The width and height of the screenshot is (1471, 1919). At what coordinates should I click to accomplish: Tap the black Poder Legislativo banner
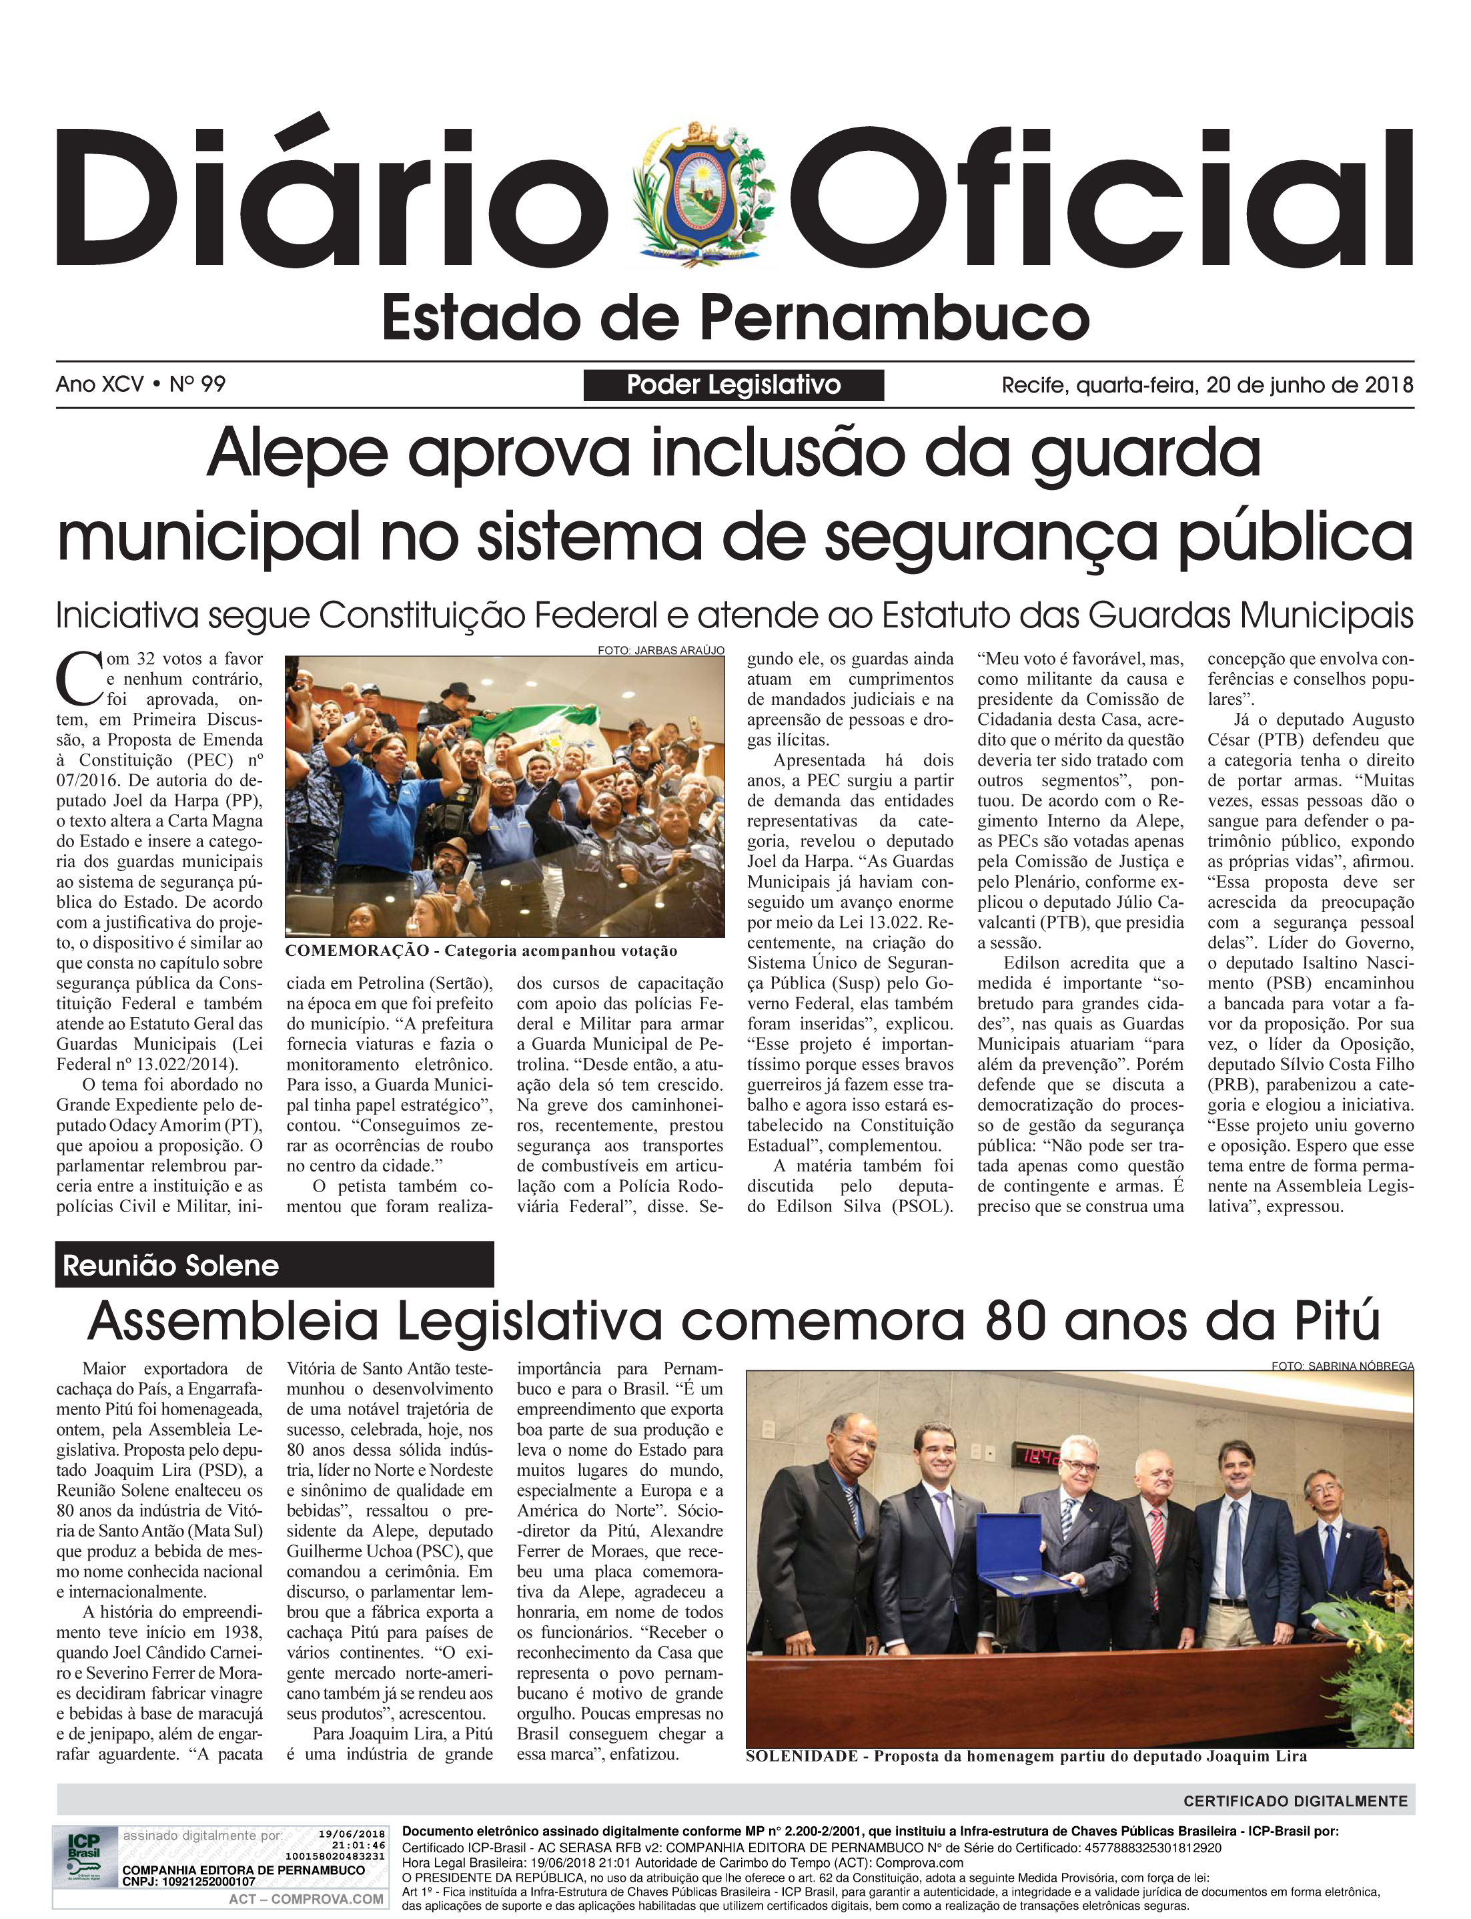pyautogui.click(x=734, y=384)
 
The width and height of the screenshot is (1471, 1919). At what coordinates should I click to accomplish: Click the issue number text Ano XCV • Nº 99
pyautogui.click(x=141, y=384)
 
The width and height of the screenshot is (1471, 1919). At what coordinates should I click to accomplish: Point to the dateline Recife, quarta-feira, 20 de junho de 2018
pyautogui.click(x=1207, y=384)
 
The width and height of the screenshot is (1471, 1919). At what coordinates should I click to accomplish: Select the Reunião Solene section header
pyautogui.click(x=171, y=1266)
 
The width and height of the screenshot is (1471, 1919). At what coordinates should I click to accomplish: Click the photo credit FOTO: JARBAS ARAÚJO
pyautogui.click(x=660, y=651)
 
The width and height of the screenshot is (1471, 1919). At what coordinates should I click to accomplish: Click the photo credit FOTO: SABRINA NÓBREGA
pyautogui.click(x=1342, y=1366)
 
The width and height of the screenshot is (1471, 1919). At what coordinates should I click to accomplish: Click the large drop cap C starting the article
pyautogui.click(x=77, y=679)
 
